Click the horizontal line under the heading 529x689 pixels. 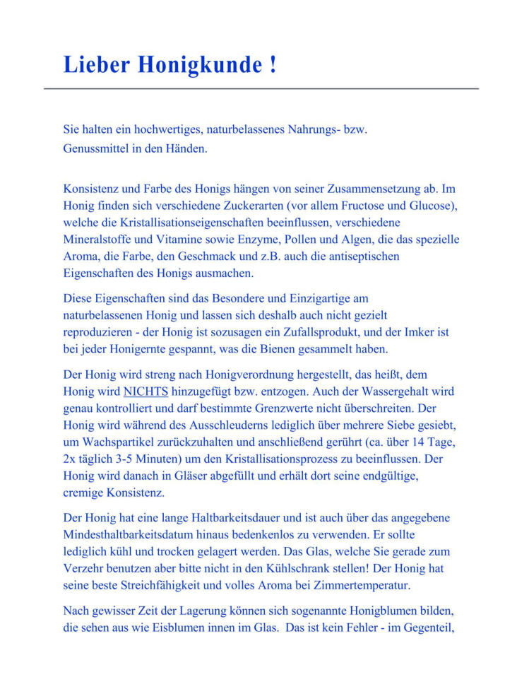coord(261,88)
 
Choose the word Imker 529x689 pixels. coord(416,331)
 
